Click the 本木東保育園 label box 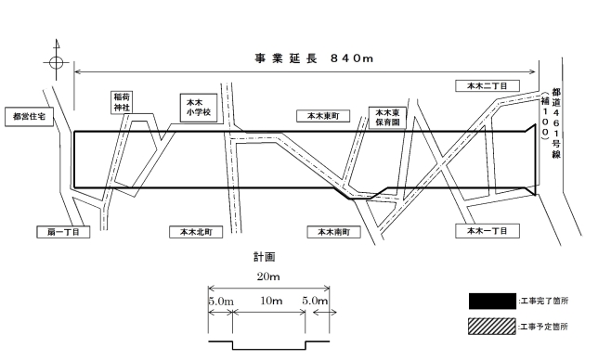click(386, 116)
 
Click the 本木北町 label click(196, 232)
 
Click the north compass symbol click(57, 62)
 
